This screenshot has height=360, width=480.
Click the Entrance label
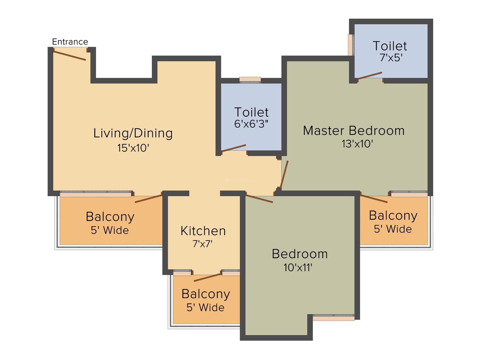[x=70, y=42]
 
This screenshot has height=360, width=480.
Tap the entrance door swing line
[x=70, y=55]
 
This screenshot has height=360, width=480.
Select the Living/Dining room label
[x=133, y=133]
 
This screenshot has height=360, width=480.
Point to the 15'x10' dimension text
[x=133, y=148]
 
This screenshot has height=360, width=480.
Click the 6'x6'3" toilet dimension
[x=252, y=123]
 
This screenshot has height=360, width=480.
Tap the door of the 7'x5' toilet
[x=370, y=75]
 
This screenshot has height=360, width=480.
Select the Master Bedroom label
[x=353, y=130]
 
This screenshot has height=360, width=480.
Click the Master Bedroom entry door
[x=284, y=175]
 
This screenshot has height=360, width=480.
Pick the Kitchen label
[x=203, y=230]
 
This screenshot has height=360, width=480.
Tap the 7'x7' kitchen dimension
[x=202, y=244]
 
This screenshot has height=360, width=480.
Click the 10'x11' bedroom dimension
[x=298, y=267]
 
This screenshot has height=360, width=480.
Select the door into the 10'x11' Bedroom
[x=259, y=198]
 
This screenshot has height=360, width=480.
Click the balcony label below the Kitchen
[x=206, y=294]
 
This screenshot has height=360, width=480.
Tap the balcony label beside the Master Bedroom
[x=393, y=216]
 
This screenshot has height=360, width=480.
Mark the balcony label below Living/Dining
[x=110, y=216]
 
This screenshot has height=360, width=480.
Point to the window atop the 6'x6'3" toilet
[x=250, y=79]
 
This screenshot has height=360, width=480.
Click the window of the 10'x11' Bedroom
[x=333, y=317]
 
